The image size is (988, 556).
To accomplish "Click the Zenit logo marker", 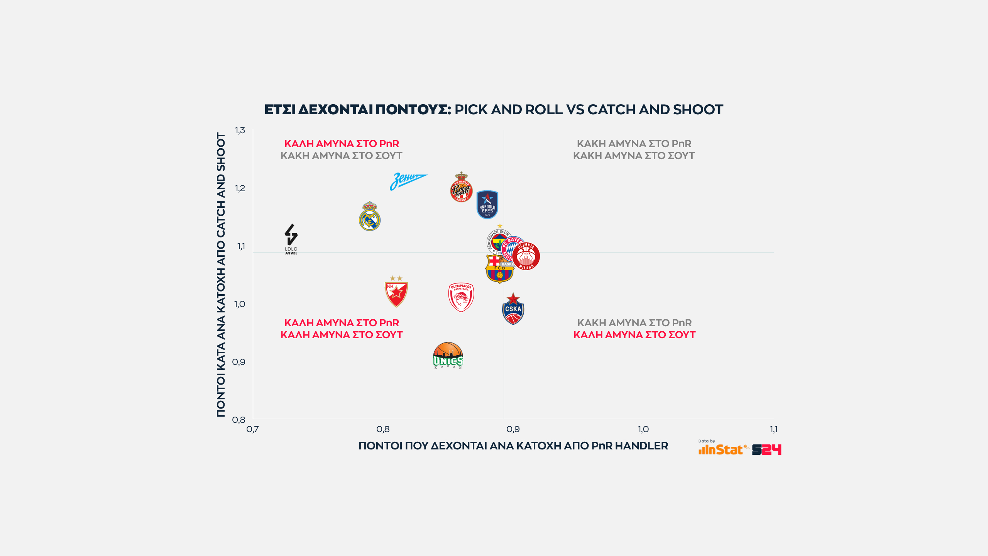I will (408, 181).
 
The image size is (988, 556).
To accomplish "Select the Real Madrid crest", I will (370, 217).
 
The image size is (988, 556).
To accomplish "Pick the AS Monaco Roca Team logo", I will (461, 188).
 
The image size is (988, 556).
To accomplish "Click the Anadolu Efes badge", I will (487, 205).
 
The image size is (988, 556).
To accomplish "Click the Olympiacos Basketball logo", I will (461, 297).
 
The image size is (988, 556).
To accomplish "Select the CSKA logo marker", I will (513, 309).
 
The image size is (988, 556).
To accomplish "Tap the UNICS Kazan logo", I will (448, 356).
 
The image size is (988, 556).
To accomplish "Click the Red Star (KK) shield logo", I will (396, 292).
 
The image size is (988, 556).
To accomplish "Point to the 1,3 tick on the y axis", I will (240, 131).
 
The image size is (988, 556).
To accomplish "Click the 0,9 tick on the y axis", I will (239, 362).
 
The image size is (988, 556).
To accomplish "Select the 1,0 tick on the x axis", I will (643, 429).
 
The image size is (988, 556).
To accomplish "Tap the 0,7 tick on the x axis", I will (253, 429).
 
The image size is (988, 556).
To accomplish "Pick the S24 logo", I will (766, 449).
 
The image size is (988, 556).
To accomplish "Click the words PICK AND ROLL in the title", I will (509, 110).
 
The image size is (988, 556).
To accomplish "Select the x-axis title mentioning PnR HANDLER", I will (513, 446).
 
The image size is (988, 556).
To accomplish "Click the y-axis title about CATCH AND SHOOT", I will (221, 275).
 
